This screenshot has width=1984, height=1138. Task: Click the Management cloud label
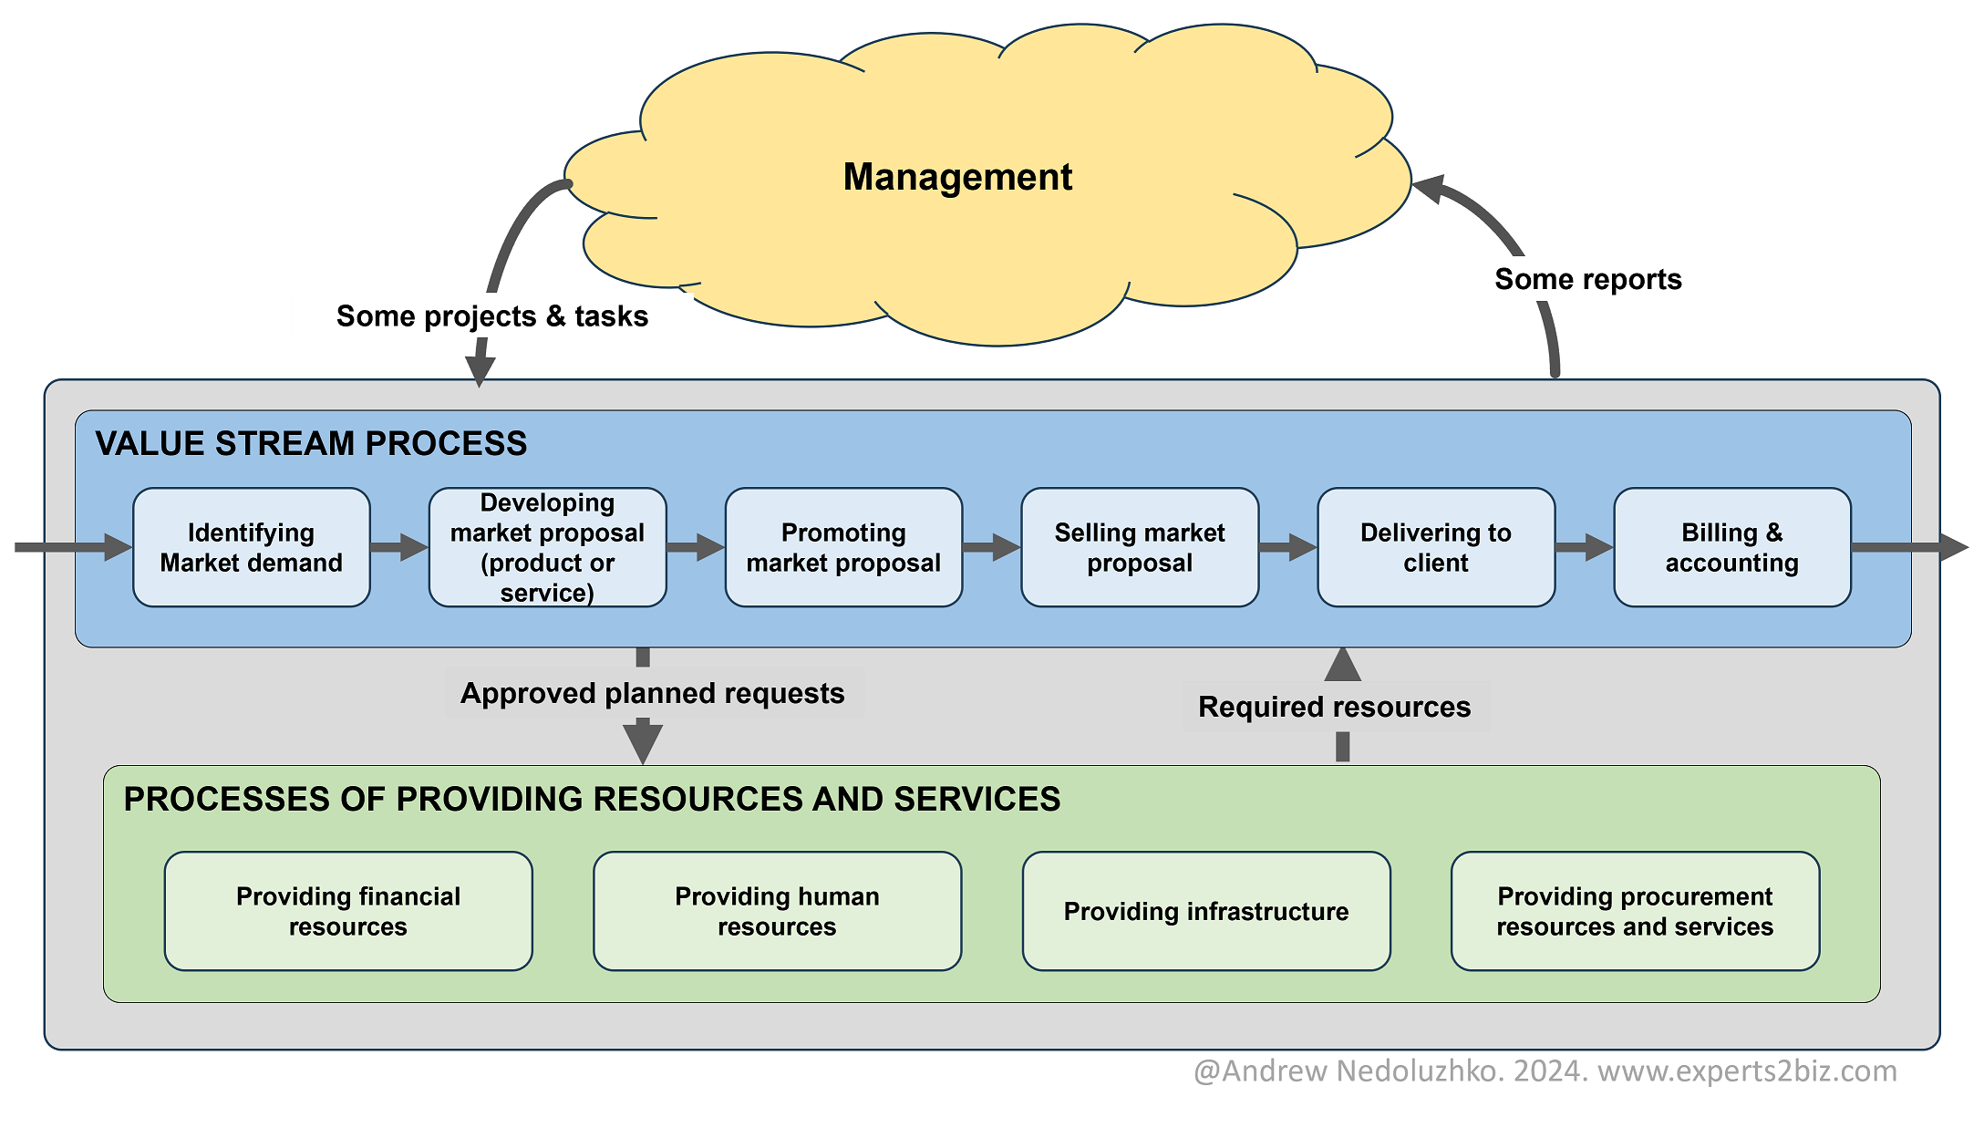pos(957,177)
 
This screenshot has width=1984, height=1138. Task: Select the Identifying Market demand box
pos(252,547)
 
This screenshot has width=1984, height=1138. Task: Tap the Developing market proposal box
pos(547,547)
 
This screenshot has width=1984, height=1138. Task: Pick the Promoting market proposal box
pos(843,547)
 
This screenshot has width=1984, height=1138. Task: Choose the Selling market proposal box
pos(1140,547)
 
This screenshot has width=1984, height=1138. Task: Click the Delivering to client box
pos(1436,547)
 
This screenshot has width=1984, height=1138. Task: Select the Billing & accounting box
pos(1731,547)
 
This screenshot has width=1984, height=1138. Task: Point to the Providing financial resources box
pos(348,911)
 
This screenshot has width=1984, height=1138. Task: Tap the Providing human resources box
pos(777,911)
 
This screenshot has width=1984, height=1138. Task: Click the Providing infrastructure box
pos(1206,911)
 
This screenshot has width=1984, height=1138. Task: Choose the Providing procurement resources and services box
pos(1635,911)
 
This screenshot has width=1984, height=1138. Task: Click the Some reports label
pos(1587,279)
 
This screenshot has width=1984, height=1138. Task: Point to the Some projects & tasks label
pos(492,316)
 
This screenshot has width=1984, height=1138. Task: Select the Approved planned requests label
pos(653,694)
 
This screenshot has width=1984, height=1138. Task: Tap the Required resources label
pos(1334,707)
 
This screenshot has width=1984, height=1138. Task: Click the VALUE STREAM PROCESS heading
pos(311,443)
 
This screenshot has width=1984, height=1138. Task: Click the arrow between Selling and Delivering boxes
pos(1287,547)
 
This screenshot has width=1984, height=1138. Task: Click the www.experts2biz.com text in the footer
pos(1747,1071)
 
